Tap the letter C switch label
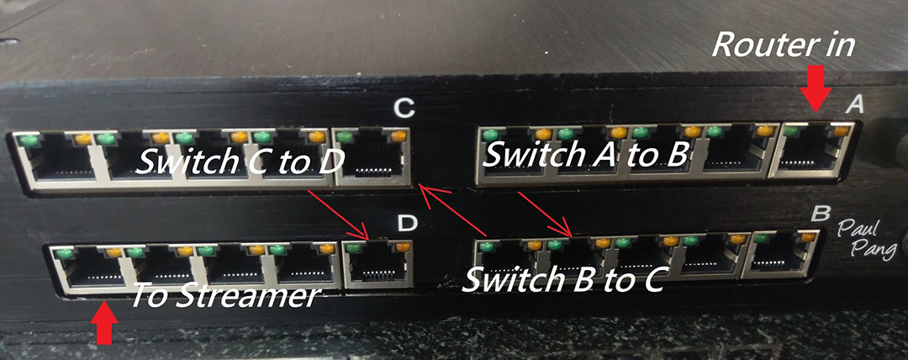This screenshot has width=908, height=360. coord(404,108)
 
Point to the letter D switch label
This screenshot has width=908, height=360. coord(407,224)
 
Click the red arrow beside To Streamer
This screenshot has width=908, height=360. coord(103,324)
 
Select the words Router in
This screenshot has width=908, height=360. coord(783,44)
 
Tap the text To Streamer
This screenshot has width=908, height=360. coord(224,295)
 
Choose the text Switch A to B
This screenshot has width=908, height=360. coord(588,154)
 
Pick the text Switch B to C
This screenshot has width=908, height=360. coord(564,278)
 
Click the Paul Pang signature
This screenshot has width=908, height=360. coord(871,238)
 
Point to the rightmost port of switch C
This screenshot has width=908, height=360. coord(370,156)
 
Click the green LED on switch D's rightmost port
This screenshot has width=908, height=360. coord(355,247)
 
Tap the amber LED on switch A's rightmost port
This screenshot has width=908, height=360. coord(842,130)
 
